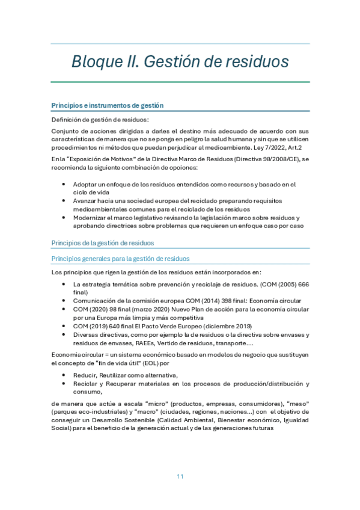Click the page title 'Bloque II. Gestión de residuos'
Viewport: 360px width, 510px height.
pos(180,62)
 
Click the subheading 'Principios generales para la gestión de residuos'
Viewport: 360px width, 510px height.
pos(121,259)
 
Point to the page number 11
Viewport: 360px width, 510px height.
pos(180,476)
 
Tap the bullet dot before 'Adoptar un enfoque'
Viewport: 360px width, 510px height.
pos(64,184)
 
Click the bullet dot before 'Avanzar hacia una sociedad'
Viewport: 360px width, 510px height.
pos(64,200)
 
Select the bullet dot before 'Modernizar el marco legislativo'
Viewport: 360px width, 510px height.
pos(64,217)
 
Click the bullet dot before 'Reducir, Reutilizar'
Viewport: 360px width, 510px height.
pos(64,375)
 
